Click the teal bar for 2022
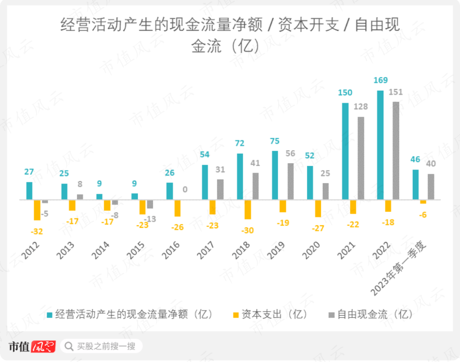click(x=380, y=145)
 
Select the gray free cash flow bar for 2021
click(x=361, y=158)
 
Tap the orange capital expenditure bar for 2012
click(x=37, y=210)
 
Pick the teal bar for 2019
click(x=275, y=175)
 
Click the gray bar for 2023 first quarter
click(x=431, y=187)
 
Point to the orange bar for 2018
click(x=248, y=209)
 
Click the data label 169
click(x=380, y=80)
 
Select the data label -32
click(x=37, y=232)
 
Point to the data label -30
click(x=247, y=230)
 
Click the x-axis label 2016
click(x=171, y=250)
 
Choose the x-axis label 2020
click(x=311, y=250)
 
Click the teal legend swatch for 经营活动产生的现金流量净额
click(x=50, y=315)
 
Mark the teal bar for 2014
click(x=99, y=197)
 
